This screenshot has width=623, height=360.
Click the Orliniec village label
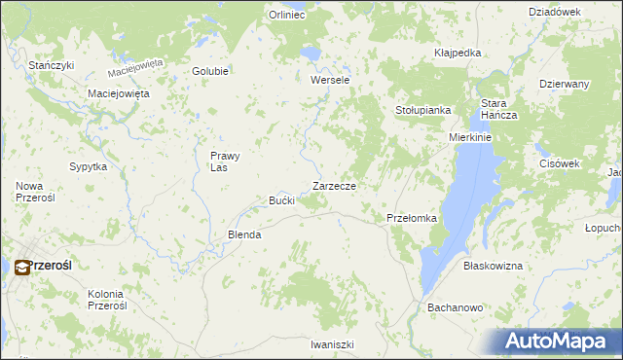tap(287, 15)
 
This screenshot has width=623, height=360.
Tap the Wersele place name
tap(330, 80)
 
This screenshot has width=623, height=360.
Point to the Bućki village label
tap(281, 200)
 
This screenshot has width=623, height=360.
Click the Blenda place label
tap(244, 234)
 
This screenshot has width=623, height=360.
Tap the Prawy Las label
tap(225, 161)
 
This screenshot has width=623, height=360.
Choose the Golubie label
tap(210, 71)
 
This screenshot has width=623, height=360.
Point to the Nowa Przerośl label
tap(36, 191)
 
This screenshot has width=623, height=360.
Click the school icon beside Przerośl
tap(18, 265)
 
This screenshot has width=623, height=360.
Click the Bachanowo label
tap(456, 307)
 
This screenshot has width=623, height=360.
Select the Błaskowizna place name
tap(493, 266)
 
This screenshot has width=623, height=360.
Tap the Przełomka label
tap(412, 218)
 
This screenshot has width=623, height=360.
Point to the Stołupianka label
tap(422, 111)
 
